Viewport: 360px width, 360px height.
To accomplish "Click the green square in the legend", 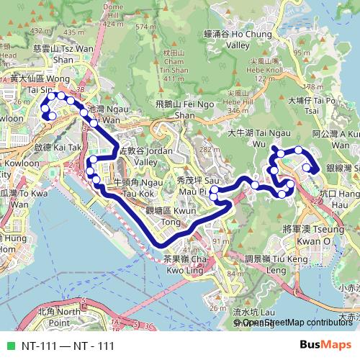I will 9,346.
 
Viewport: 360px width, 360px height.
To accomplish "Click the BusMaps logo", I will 325,345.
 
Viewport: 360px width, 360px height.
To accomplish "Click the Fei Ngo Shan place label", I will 174,109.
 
